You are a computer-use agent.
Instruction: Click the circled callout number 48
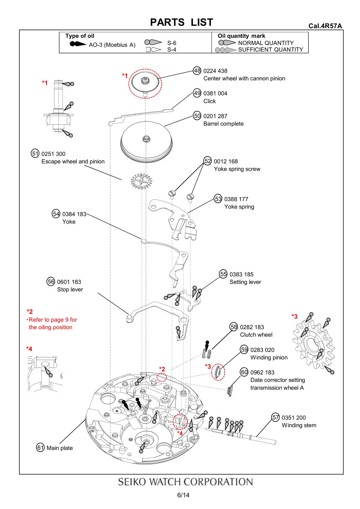coord(197,71)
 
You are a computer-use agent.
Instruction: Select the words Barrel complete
coord(223,124)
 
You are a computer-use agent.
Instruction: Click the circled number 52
coord(208,161)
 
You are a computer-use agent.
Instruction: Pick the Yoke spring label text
coord(239,207)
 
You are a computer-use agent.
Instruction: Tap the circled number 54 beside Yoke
coord(56,214)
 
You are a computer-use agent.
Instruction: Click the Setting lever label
coord(245,282)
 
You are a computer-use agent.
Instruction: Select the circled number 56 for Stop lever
coord(51,281)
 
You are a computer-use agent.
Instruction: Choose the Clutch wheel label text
coord(256,335)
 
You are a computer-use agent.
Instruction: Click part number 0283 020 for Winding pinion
coord(262,350)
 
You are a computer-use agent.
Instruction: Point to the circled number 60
coord(244,372)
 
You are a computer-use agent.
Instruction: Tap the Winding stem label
coord(299,425)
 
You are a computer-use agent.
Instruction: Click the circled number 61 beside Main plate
coord(40,448)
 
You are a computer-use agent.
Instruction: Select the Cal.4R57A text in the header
coord(325,26)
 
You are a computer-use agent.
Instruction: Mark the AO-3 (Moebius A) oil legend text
coord(112,45)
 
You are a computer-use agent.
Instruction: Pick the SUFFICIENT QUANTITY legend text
coord(270,50)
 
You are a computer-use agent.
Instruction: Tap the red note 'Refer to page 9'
coord(52,320)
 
